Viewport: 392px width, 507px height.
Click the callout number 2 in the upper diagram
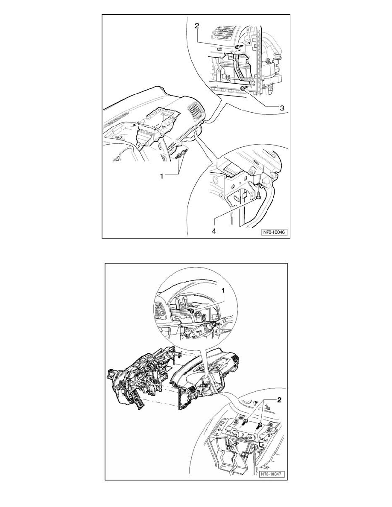(x=197, y=26)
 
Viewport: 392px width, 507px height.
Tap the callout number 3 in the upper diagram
(x=282, y=108)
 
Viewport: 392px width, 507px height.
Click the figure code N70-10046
(x=275, y=232)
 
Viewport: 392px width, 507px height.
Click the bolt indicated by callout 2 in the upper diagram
(x=238, y=47)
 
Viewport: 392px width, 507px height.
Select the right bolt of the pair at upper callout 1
(x=184, y=152)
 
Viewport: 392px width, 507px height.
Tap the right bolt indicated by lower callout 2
(x=260, y=425)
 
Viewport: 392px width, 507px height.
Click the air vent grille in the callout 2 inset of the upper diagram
(x=224, y=33)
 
